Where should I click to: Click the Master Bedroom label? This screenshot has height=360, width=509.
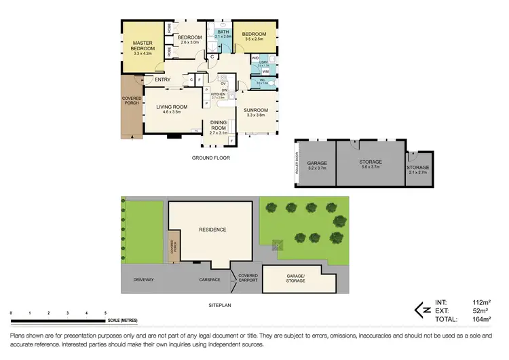143,46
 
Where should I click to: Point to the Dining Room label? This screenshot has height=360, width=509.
219,125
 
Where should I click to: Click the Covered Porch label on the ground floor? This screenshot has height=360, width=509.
132,102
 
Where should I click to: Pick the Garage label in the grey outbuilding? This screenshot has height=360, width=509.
317,164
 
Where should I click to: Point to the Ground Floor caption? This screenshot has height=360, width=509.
210,158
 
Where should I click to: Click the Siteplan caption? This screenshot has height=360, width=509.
220,306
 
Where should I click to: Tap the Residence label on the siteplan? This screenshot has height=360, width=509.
212,230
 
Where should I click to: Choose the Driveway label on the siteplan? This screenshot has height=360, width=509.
144,279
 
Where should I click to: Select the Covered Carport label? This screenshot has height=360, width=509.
247,278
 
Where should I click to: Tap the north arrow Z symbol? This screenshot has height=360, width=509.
420,310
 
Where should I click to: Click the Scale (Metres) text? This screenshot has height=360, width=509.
122,320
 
